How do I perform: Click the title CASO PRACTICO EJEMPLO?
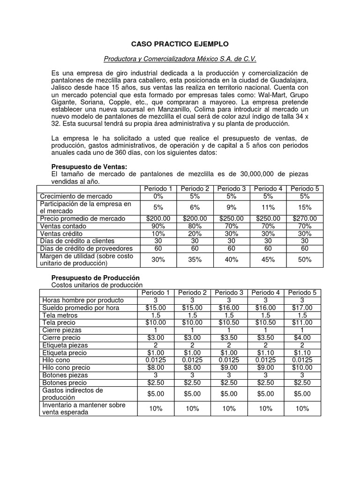click(x=180, y=44)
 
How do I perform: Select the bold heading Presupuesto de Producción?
click(x=95, y=277)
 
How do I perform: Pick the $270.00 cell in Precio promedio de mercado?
click(x=304, y=218)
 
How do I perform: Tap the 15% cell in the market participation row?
click(x=304, y=208)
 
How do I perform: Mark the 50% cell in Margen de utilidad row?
click(x=304, y=259)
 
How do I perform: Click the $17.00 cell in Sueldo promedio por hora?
click(x=302, y=307)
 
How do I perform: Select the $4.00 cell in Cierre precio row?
click(x=302, y=337)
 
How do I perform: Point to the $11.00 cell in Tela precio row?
click(x=302, y=322)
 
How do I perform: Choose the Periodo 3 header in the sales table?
click(x=231, y=188)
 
